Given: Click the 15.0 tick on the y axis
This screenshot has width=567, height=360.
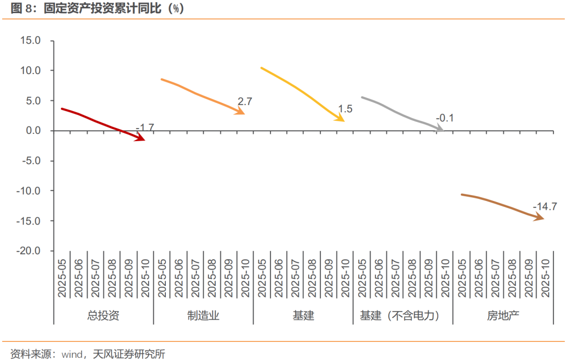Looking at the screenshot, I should [x=30, y=40].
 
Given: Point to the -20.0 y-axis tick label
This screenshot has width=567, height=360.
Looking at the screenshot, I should [x=29, y=251].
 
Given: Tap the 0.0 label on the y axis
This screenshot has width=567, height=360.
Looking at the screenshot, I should [x=33, y=131].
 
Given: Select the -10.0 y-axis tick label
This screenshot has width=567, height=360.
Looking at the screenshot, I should [x=29, y=191].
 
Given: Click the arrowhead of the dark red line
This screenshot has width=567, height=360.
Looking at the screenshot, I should [x=141, y=139].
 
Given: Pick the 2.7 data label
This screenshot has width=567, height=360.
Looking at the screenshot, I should [x=245, y=102].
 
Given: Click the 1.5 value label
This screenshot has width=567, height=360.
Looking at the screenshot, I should [x=345, y=109].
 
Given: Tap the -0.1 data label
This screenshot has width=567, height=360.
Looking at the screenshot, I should [x=444, y=119].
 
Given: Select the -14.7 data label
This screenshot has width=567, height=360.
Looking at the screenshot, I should [x=544, y=207].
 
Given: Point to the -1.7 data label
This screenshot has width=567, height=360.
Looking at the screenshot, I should [x=145, y=128].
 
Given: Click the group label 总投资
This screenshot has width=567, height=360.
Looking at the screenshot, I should [x=103, y=316].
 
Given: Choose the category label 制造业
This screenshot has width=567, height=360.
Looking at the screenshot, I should [x=203, y=316].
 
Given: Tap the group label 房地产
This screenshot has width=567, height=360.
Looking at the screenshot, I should [x=502, y=316].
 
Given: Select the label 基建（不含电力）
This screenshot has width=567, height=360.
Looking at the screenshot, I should [x=403, y=316].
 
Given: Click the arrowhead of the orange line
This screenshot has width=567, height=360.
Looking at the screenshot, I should [x=241, y=112].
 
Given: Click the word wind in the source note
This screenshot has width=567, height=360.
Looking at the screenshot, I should [x=72, y=354].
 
